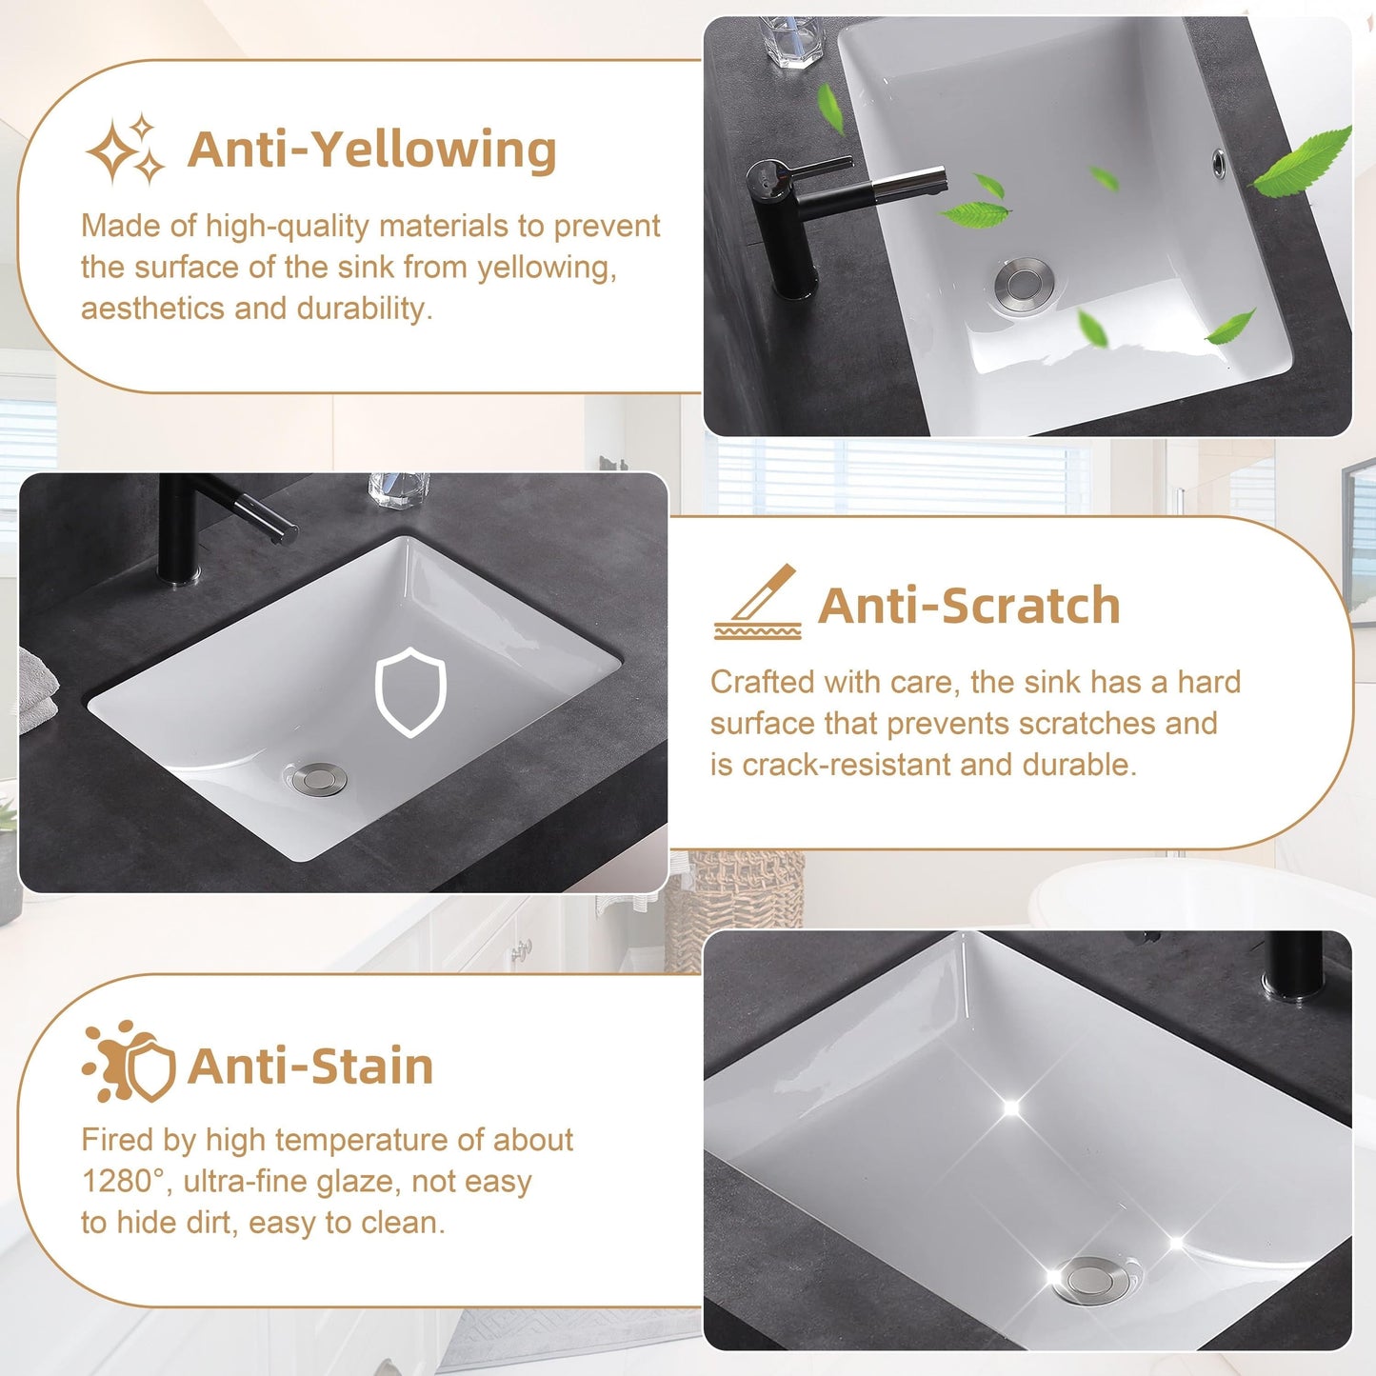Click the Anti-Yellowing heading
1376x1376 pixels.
371,150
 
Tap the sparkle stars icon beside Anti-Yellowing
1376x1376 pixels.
126,150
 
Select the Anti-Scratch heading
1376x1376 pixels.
968,606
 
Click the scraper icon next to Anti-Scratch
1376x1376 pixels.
758,603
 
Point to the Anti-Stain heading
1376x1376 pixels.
310,1066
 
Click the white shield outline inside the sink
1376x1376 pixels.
410,691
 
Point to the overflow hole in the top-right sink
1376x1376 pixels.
1220,162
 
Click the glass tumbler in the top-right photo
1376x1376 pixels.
792,42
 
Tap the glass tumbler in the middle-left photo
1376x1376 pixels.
398,489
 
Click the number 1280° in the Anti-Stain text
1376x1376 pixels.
125,1182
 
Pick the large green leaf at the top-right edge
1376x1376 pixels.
1302,162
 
